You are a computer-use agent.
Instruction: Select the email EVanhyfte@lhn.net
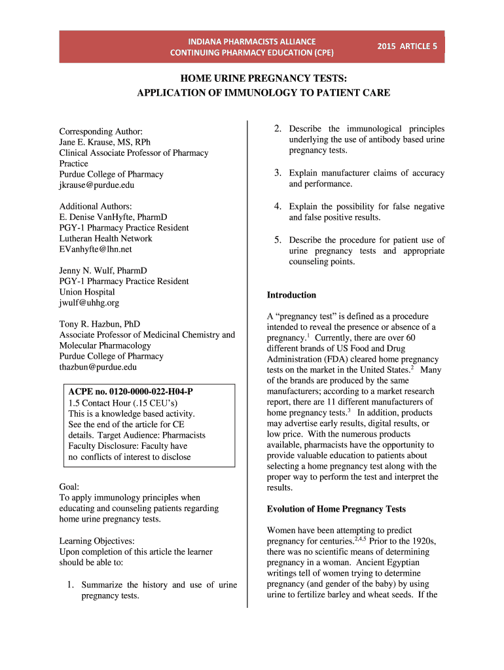click(96, 249)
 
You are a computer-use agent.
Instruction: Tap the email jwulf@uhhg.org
click(89, 303)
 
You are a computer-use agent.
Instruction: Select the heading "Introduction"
click(291, 295)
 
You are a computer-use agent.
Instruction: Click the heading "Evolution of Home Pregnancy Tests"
click(336, 509)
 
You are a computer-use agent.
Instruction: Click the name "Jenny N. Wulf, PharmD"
click(103, 270)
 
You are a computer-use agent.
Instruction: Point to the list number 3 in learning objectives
click(278, 173)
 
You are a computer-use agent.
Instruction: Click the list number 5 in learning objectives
click(278, 240)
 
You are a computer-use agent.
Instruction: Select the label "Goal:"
click(69, 487)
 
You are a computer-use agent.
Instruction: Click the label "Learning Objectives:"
click(97, 541)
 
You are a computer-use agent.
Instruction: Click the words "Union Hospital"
click(87, 292)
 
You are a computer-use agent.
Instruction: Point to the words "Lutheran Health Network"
click(105, 238)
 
